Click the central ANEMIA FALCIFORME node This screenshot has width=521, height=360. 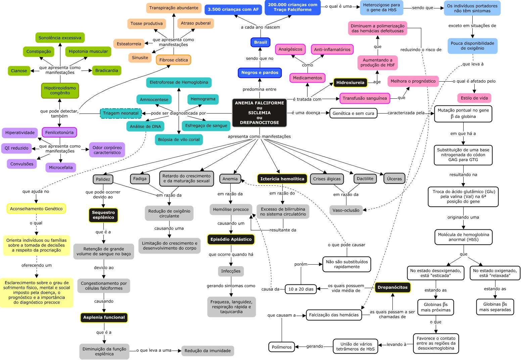pos(259,113)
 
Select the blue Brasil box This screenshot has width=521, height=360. pos(260,42)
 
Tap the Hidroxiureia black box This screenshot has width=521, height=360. pos(350,83)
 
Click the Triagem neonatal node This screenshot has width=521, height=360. pos(121,113)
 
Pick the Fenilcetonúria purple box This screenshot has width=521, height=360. pos(59,132)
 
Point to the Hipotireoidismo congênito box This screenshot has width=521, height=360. pos(60,90)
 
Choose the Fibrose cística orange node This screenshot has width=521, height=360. pos(174,60)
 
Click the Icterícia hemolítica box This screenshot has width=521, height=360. pos(282,179)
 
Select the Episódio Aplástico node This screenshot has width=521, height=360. pos(231,239)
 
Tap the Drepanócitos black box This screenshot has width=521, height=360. pos(392,287)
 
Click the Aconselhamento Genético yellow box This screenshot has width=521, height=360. pos(36,209)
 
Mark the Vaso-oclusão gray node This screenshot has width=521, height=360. pos(346,210)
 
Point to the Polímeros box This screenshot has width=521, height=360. pos(282,347)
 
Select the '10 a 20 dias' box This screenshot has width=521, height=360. pos(301,289)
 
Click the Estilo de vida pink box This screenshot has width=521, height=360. pos(474,98)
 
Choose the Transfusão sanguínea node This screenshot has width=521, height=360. pos(365,98)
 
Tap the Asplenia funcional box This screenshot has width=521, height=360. pos(104,317)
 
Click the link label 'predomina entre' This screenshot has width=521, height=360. pos(259,89)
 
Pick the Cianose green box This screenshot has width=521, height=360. pos(19,71)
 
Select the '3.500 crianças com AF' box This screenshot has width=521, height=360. pos(233,9)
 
